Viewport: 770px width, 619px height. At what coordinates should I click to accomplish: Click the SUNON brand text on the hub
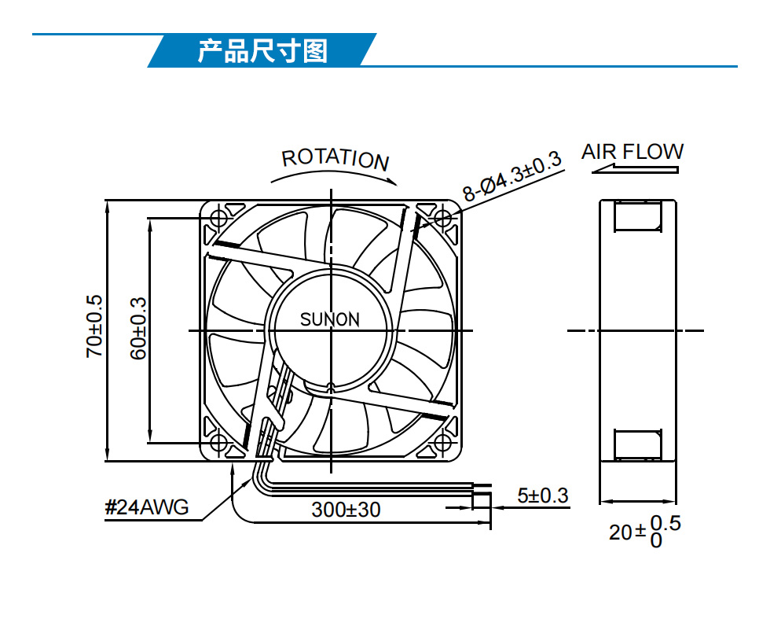(x=330, y=319)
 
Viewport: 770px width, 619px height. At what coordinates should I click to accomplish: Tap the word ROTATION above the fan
(x=335, y=160)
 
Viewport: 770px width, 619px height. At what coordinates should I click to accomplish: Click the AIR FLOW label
(x=632, y=152)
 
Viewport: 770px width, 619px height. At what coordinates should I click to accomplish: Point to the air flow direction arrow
(x=635, y=170)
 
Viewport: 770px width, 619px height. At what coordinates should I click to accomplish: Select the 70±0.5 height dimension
(x=94, y=326)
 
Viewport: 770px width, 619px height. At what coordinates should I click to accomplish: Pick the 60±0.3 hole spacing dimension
(x=138, y=328)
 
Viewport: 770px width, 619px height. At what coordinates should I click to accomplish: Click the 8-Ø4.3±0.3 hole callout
(x=511, y=176)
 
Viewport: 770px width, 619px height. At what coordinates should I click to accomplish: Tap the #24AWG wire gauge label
(x=146, y=507)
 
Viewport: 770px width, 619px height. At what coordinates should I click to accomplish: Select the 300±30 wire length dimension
(x=346, y=510)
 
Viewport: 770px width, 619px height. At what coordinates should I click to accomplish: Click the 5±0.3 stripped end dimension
(x=543, y=495)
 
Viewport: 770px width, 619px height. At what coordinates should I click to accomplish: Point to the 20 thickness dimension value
(x=621, y=532)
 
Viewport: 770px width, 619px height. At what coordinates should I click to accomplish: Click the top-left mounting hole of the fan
(x=218, y=218)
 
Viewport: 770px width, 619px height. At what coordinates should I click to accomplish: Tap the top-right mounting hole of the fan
(x=443, y=218)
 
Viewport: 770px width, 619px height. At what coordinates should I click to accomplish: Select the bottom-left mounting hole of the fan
(x=218, y=443)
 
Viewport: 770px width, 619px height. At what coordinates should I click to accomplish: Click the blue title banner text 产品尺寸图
(x=262, y=50)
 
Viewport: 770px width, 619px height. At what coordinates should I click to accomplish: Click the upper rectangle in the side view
(x=637, y=216)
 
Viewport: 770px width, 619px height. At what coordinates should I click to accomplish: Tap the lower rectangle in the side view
(x=637, y=445)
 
